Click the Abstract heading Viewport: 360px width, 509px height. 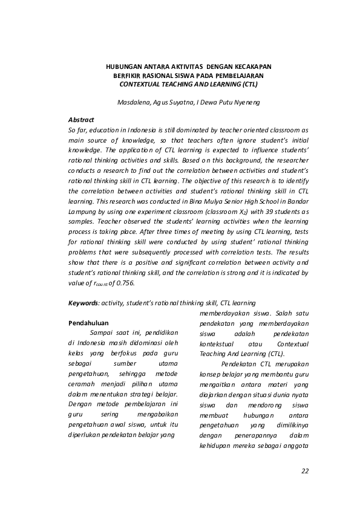pos(82,120)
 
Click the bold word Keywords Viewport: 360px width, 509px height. pos(83,303)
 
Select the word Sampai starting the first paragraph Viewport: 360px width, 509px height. pos(100,332)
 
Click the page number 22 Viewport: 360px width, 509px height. pos(304,471)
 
